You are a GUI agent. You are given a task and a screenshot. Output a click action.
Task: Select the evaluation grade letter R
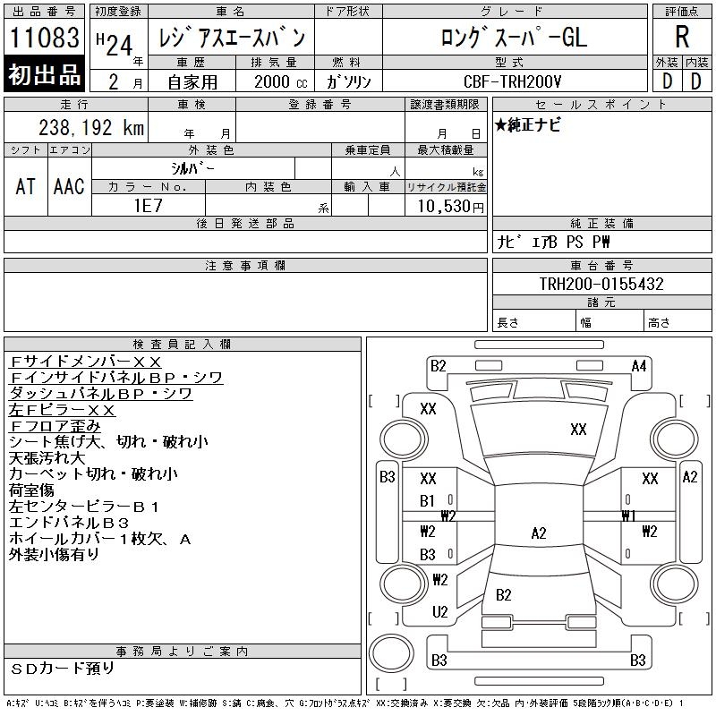click(x=681, y=38)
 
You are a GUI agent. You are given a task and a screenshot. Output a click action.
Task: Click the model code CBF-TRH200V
click(x=514, y=81)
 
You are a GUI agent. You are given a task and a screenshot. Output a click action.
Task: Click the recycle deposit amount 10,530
click(x=444, y=205)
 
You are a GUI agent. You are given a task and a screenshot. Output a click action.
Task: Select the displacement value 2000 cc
click(x=277, y=81)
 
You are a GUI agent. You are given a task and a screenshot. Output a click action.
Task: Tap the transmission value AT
click(x=26, y=186)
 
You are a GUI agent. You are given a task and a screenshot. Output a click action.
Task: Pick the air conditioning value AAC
click(x=69, y=186)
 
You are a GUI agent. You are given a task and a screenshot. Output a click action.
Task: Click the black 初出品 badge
click(x=44, y=74)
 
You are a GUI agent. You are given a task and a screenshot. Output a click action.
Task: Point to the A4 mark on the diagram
click(x=639, y=365)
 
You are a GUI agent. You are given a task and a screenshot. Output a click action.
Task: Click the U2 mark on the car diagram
click(x=439, y=612)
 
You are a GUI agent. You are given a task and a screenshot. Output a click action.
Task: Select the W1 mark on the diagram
click(x=628, y=516)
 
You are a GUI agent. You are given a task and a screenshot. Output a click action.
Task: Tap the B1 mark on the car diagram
click(x=428, y=501)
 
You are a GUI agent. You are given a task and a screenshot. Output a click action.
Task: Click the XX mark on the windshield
click(x=578, y=430)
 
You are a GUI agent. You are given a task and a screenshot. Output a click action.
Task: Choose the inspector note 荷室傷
click(x=31, y=490)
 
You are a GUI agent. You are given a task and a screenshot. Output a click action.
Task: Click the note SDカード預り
click(x=63, y=668)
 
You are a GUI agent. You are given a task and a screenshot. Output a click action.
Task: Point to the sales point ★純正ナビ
click(x=529, y=125)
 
